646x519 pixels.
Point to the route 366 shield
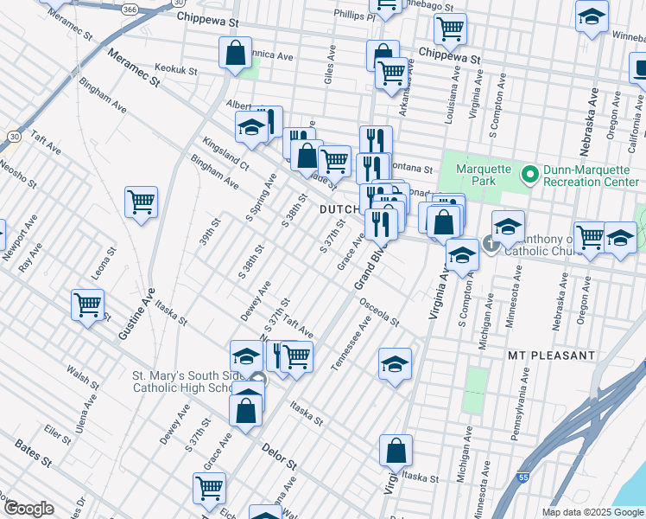129,10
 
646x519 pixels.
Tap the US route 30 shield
15,136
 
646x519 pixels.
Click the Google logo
28,508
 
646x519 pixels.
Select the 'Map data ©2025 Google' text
593,512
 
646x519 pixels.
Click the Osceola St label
379,313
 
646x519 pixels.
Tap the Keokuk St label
178,67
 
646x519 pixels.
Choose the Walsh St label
83,377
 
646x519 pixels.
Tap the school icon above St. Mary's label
246,356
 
